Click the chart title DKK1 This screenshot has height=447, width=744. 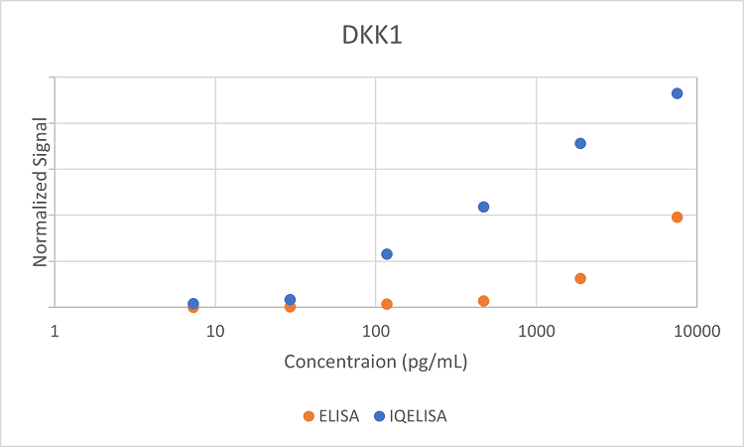[x=372, y=36]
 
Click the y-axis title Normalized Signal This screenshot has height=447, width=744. [x=41, y=193]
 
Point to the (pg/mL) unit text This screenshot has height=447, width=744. [x=434, y=361]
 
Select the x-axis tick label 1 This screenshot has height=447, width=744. [x=55, y=331]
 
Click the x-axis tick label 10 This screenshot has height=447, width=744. [x=214, y=331]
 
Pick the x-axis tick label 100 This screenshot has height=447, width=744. [x=375, y=331]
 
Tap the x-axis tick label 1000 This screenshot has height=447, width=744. [x=536, y=331]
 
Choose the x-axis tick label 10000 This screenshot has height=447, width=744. [x=695, y=331]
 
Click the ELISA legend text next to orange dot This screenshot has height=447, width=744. [x=339, y=415]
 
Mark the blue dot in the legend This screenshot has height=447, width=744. [x=378, y=415]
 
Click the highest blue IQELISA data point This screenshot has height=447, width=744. [x=677, y=93]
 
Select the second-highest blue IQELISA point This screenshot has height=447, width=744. [x=580, y=143]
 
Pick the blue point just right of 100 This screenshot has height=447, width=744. [x=387, y=254]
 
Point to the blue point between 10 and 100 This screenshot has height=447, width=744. [x=290, y=299]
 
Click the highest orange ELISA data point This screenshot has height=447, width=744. [x=677, y=217]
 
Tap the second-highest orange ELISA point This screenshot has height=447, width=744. [x=580, y=278]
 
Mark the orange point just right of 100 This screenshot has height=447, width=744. [x=387, y=304]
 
